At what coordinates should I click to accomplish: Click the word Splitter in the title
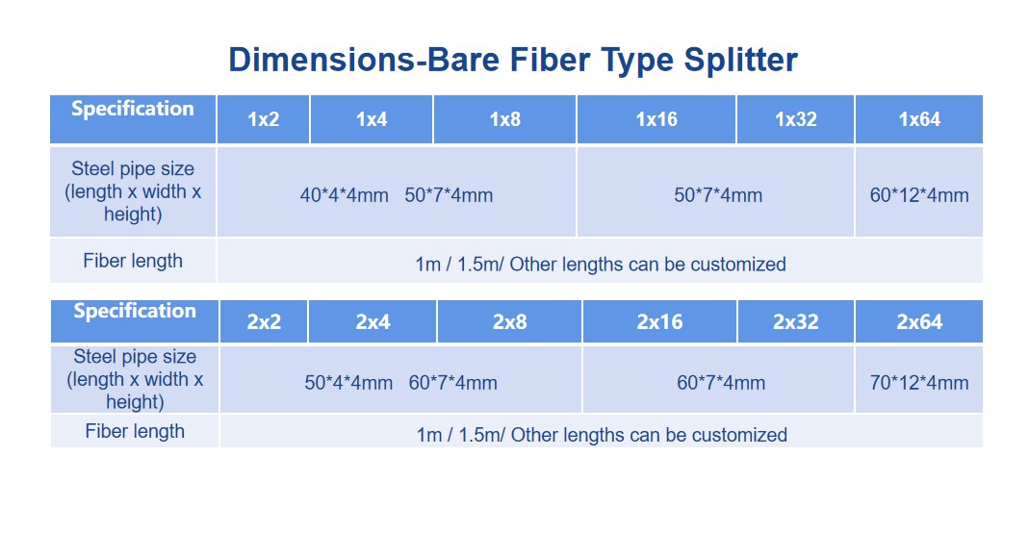pos(740,61)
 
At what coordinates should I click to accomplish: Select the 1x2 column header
pos(263,119)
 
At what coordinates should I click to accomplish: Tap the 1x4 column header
pos(372,119)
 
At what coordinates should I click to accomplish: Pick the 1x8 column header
pos(504,119)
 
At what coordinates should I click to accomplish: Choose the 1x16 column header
pos(656,119)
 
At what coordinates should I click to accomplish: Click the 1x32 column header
pos(795,119)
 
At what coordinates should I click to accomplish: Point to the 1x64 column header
pos(919,119)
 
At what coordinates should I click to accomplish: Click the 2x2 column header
pos(264,322)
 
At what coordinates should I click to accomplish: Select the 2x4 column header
pos(373,322)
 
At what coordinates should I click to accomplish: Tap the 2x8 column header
pos(510,322)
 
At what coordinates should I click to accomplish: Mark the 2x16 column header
pos(659,322)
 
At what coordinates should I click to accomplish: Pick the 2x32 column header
pos(795,322)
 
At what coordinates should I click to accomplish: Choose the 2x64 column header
pos(919,322)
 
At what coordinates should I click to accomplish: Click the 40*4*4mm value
pos(344,195)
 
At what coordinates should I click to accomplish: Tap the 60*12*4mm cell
pos(918,195)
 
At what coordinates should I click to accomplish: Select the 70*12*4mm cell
pos(918,383)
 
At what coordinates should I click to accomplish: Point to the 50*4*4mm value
pos(348,383)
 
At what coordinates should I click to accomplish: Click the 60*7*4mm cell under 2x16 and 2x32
pos(721,383)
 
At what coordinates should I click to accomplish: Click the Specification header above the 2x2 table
pos(135,311)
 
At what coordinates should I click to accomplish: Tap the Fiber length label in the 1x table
pos(133,261)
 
